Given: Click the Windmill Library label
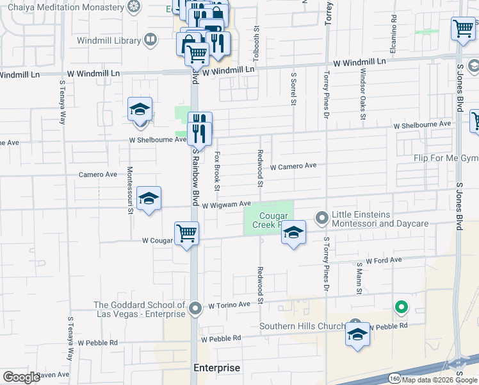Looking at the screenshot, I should pos(110,40).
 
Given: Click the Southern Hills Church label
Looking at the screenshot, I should pos(303,326).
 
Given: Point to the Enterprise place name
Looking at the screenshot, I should pos(217,368).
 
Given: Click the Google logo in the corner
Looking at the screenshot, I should pos(21,377).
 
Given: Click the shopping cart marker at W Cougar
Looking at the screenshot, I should pos(187,232).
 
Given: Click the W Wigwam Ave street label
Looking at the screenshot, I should pos(227,205).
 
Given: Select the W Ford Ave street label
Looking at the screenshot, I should pos(384,261).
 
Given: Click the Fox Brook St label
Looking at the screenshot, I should pos(217,171).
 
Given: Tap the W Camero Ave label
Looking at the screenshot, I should pos(293,166).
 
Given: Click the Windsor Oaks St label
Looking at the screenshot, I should pos(362,94).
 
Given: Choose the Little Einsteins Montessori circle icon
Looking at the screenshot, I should pos(321,219).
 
